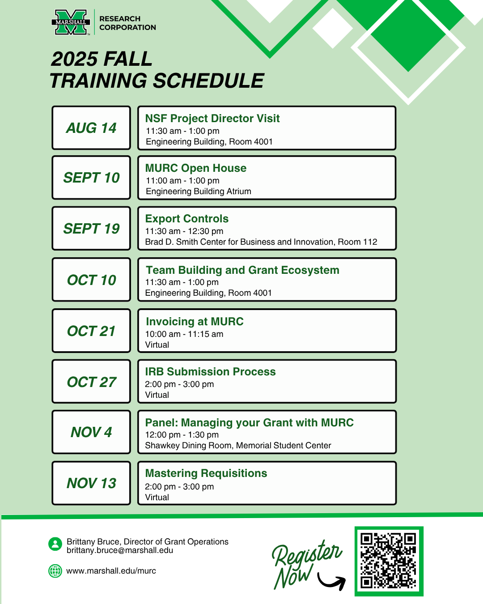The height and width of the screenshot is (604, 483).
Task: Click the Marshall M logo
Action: click(71, 22)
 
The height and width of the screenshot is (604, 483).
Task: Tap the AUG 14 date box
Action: click(91, 128)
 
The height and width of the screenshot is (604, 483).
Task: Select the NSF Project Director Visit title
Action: click(212, 119)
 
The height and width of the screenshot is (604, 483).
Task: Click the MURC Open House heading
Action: click(195, 168)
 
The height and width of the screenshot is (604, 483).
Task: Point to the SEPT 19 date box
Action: click(91, 228)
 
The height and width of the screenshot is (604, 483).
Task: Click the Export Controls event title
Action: click(186, 219)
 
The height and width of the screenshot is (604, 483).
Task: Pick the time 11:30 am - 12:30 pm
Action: click(184, 231)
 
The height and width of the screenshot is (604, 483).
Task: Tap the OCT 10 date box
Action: click(91, 280)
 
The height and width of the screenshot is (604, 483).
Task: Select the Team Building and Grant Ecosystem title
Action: click(242, 270)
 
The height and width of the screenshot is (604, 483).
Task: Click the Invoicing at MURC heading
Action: click(195, 321)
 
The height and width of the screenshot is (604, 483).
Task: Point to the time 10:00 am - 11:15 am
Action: click(184, 334)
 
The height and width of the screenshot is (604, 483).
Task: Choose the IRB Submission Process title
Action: click(210, 372)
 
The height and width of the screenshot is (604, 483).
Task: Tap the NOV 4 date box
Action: click(91, 432)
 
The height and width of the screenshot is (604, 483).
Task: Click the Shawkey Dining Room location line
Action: click(238, 446)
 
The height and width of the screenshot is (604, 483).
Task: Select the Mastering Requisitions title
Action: click(206, 473)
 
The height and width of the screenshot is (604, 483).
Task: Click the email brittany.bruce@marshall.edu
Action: click(119, 550)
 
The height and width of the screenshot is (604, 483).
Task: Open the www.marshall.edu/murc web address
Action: click(111, 571)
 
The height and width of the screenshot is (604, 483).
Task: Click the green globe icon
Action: click(55, 571)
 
